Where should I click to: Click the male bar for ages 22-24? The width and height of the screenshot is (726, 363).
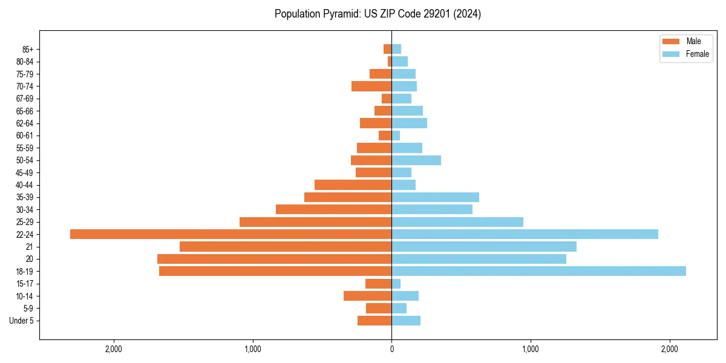[231, 234]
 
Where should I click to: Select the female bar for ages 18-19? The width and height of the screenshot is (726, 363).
[538, 271]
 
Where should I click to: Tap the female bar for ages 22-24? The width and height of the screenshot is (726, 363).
[525, 234]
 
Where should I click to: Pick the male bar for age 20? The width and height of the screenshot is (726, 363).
[274, 259]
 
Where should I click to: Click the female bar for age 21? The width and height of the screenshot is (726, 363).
[484, 246]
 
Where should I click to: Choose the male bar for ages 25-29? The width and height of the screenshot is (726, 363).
[315, 222]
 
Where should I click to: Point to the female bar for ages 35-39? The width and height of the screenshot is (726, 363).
[435, 197]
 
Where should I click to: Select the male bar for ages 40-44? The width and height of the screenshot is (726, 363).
[353, 185]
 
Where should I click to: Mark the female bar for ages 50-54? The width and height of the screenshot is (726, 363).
[416, 160]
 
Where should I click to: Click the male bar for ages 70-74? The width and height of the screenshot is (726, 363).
[371, 87]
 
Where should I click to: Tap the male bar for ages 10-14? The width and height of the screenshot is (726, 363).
[367, 296]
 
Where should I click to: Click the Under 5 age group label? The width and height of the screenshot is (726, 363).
[21, 321]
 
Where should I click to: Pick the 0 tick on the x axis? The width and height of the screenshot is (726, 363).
[391, 349]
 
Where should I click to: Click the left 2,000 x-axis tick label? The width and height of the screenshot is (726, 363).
[114, 349]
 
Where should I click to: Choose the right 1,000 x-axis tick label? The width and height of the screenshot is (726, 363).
[531, 349]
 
